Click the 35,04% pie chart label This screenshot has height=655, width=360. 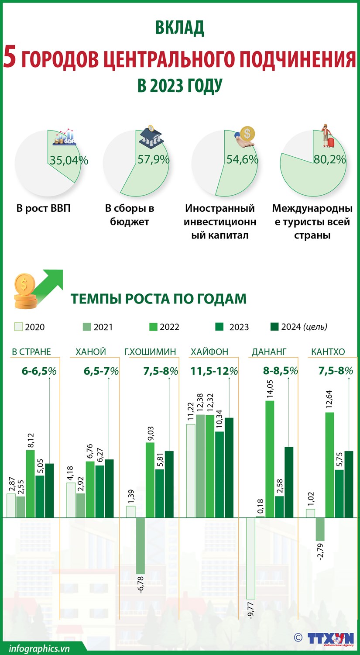[69, 160]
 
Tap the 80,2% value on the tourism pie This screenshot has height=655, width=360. [329, 159]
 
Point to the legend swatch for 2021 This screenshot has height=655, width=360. [86, 327]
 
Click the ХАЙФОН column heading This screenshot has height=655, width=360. [209, 352]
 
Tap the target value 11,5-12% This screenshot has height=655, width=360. [214, 371]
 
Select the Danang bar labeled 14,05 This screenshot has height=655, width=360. [270, 458]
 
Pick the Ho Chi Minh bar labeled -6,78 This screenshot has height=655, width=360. [141, 545]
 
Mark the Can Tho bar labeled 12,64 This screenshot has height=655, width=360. [329, 465]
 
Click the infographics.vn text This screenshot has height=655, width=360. [39, 648]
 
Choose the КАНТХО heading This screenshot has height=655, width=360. [328, 352]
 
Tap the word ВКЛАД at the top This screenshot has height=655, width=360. [180, 28]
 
